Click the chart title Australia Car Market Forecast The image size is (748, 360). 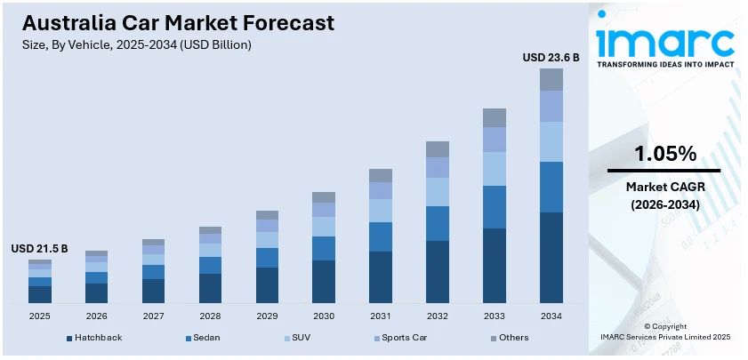point(179,22)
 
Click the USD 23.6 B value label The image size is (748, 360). point(551,57)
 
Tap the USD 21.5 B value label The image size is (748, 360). point(39,248)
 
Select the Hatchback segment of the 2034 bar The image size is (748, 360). point(551,258)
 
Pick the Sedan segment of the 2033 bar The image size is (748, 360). point(495,207)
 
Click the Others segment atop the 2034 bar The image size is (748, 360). point(551,79)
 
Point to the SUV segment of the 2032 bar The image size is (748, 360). point(438,192)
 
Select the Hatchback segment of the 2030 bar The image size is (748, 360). point(324,282)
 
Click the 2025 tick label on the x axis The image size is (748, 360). point(40,316)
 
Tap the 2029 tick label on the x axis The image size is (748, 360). point(267,316)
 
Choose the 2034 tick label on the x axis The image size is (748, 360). point(551,316)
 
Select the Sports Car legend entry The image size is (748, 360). point(404,338)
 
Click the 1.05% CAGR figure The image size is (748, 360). point(664,154)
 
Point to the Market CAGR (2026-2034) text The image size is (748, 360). point(664,196)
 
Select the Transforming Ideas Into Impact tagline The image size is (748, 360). point(665,65)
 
